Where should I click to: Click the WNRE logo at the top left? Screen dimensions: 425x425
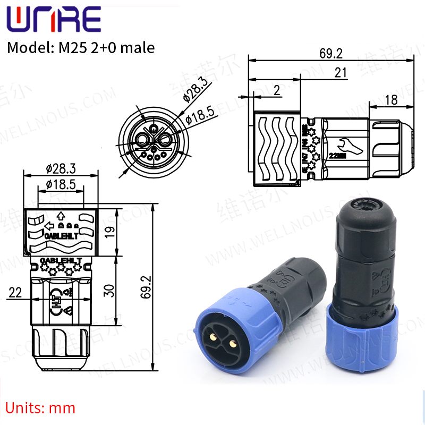pos(53,20)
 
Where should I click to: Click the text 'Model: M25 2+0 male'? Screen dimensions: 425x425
pos(80,48)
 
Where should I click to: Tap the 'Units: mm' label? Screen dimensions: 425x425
pos(41,408)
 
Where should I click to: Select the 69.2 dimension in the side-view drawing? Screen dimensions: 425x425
pos(331,53)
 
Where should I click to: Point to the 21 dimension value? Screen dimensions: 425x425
pos(341,73)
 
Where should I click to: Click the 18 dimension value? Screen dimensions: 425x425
pos(390,100)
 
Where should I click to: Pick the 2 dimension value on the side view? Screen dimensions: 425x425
pos(276,90)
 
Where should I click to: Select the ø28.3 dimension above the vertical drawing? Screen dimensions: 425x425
pos(61,168)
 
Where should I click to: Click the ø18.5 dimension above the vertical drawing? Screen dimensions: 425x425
pos(61,184)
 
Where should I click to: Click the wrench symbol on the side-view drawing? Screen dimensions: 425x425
pos(341,143)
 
